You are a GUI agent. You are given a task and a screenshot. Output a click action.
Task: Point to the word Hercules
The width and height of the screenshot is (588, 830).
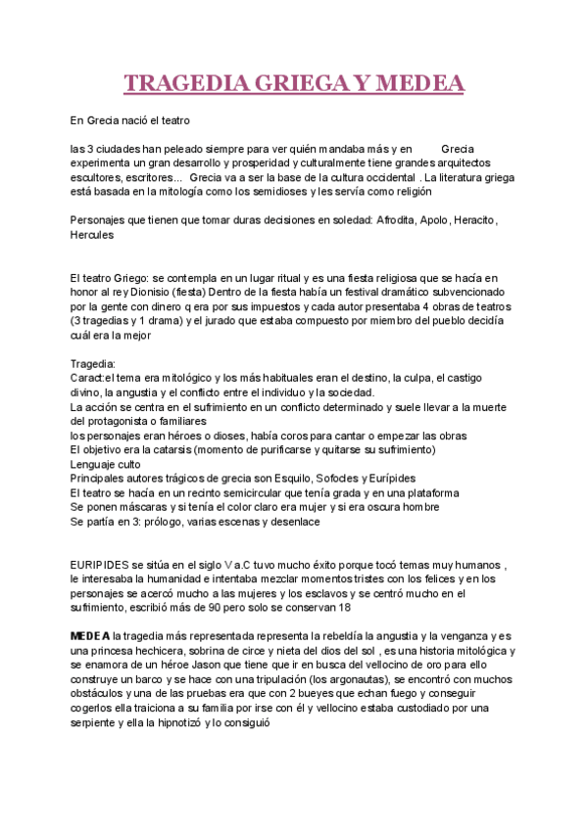tap(92, 235)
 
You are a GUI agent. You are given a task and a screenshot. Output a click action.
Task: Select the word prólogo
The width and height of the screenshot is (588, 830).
tap(152, 522)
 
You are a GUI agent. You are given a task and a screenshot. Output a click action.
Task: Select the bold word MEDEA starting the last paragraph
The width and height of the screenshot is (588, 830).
tap(90, 636)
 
